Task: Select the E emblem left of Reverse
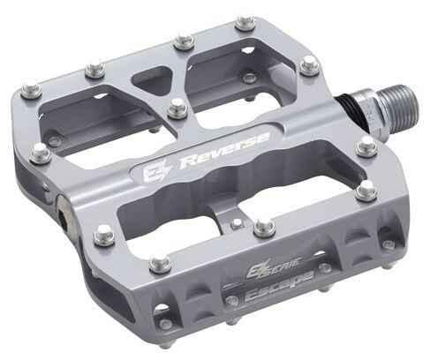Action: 153,170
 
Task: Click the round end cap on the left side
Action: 64,210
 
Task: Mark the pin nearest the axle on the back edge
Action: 309,64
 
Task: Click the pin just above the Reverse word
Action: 178,109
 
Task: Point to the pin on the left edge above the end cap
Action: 40,152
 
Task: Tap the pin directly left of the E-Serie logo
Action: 159,262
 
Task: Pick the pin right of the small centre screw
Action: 264,227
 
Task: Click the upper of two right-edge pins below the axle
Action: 366,146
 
